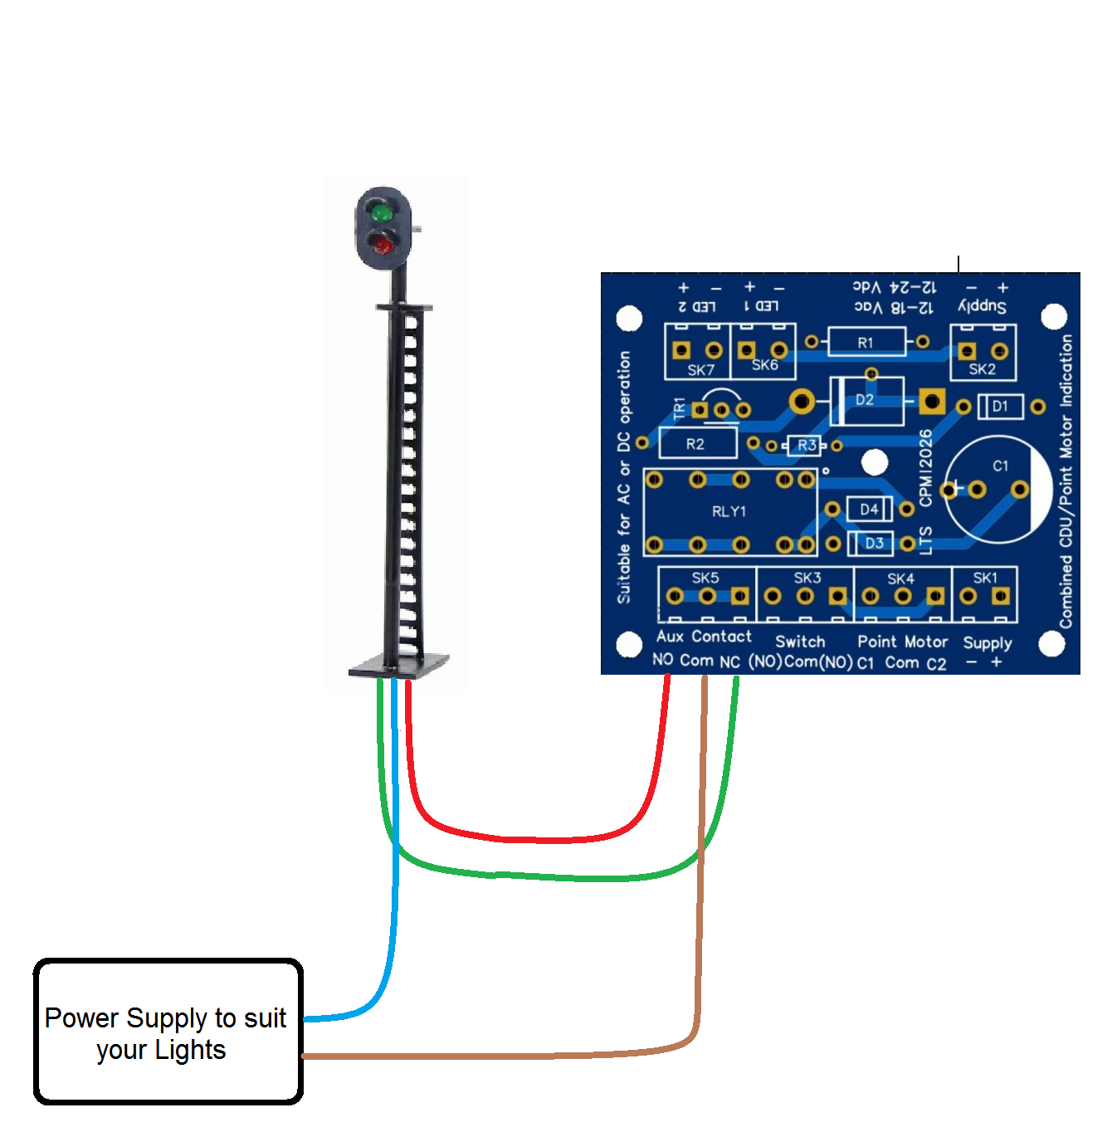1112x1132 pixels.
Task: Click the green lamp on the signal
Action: click(x=382, y=214)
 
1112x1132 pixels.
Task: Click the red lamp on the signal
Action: click(x=383, y=245)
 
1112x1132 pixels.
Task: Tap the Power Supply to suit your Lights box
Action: click(x=168, y=1032)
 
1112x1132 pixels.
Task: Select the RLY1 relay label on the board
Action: click(x=729, y=511)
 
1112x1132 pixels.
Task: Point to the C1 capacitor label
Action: click(x=1001, y=466)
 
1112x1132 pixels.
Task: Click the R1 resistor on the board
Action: click(x=866, y=342)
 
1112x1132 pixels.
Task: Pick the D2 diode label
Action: click(x=865, y=399)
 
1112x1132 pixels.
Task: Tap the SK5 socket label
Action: click(x=705, y=578)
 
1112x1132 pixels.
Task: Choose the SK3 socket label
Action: click(x=807, y=578)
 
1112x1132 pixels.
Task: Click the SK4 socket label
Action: click(x=900, y=578)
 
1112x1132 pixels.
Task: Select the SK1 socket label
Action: click(x=985, y=578)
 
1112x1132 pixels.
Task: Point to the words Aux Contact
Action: click(x=704, y=637)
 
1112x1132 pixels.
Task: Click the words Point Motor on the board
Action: click(x=902, y=642)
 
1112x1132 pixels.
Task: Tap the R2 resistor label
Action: click(x=695, y=444)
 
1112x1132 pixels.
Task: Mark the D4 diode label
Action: click(x=869, y=509)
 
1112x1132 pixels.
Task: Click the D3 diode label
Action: click(x=875, y=543)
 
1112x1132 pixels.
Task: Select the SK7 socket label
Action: click(x=700, y=370)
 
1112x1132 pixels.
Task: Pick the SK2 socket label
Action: click(x=982, y=369)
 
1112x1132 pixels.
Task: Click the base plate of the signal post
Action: click(x=399, y=666)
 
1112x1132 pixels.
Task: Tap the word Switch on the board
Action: click(x=800, y=642)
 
